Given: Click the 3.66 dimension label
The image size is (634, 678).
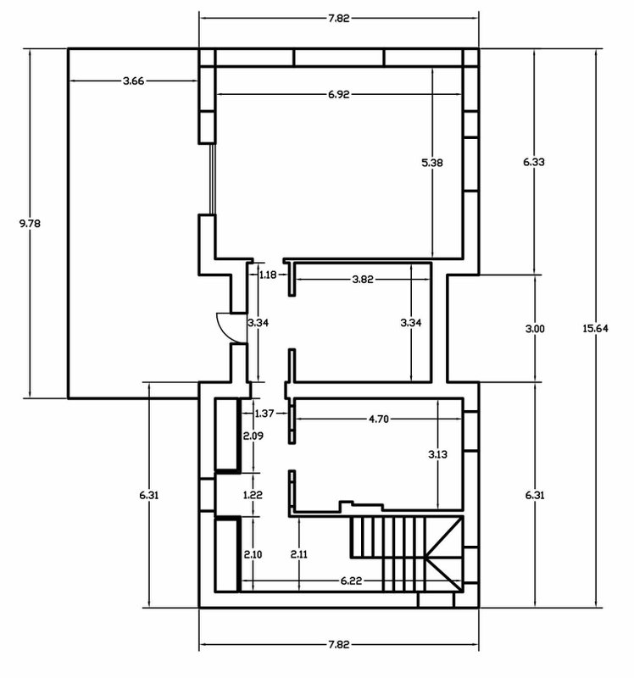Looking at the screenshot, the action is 134,81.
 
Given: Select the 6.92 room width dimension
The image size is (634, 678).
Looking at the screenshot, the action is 339,94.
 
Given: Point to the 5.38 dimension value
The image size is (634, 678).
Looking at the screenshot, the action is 432,163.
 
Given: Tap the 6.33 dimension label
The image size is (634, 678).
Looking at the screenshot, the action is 534,162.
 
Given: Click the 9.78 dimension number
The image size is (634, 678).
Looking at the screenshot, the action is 30,224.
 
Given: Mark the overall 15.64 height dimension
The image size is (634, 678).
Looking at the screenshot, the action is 596,328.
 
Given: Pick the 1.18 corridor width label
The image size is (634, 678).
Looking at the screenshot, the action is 268,275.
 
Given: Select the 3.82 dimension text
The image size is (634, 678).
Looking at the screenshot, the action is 363,280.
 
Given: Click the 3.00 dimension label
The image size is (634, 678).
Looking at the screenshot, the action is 535,329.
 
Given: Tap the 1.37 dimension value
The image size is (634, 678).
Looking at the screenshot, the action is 264,414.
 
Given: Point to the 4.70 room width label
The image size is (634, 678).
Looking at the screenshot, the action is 378,419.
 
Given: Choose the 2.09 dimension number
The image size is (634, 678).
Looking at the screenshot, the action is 253,436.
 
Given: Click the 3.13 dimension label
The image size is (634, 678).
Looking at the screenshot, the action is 437,454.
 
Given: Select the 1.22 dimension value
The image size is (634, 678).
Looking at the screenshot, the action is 253,495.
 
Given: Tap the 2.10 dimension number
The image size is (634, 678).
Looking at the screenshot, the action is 253,554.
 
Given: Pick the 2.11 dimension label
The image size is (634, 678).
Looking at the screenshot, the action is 299,554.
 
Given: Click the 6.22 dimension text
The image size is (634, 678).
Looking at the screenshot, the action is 351,581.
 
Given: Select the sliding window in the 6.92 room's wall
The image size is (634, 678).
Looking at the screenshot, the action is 212,179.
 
